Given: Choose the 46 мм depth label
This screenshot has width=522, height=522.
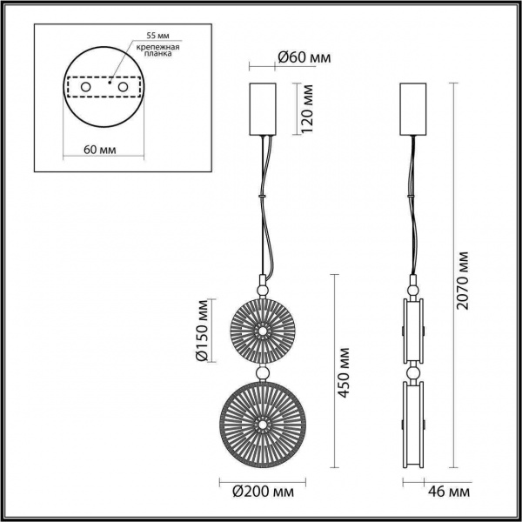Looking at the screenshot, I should point(450,492).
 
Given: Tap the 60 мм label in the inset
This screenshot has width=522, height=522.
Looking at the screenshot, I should point(103,150).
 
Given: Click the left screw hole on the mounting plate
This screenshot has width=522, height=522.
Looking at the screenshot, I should point(84,89).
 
